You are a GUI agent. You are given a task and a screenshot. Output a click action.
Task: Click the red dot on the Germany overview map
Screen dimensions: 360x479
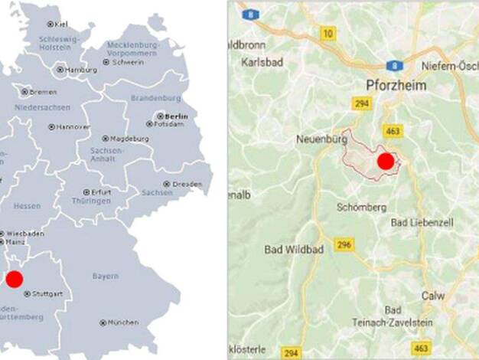pyautogui.click(x=15, y=279)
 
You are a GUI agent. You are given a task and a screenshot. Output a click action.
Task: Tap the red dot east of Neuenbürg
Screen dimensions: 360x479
pyautogui.click(x=386, y=162)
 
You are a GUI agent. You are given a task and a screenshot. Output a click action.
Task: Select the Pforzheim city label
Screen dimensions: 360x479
pyautogui.click(x=396, y=86)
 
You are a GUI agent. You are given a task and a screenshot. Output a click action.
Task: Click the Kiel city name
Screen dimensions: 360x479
pyautogui.click(x=60, y=24)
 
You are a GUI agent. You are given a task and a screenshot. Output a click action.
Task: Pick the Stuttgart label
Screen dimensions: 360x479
pyautogui.click(x=47, y=293)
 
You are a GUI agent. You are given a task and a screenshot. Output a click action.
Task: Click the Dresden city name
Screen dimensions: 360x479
pyautogui.click(x=187, y=185)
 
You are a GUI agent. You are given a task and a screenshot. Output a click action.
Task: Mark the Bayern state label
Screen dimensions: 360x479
pyautogui.click(x=106, y=276)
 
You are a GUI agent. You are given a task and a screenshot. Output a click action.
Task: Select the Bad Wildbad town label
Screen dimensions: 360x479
pyautogui.click(x=294, y=250)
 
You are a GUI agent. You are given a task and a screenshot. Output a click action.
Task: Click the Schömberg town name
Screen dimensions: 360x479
pyautogui.click(x=361, y=208)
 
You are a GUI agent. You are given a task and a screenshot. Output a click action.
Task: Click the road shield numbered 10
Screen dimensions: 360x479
pyautogui.click(x=328, y=33)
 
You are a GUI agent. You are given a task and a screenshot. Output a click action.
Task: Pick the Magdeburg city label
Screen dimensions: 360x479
pyautogui.click(x=129, y=139)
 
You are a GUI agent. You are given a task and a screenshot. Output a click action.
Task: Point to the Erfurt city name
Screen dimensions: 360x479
pyautogui.click(x=100, y=191)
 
